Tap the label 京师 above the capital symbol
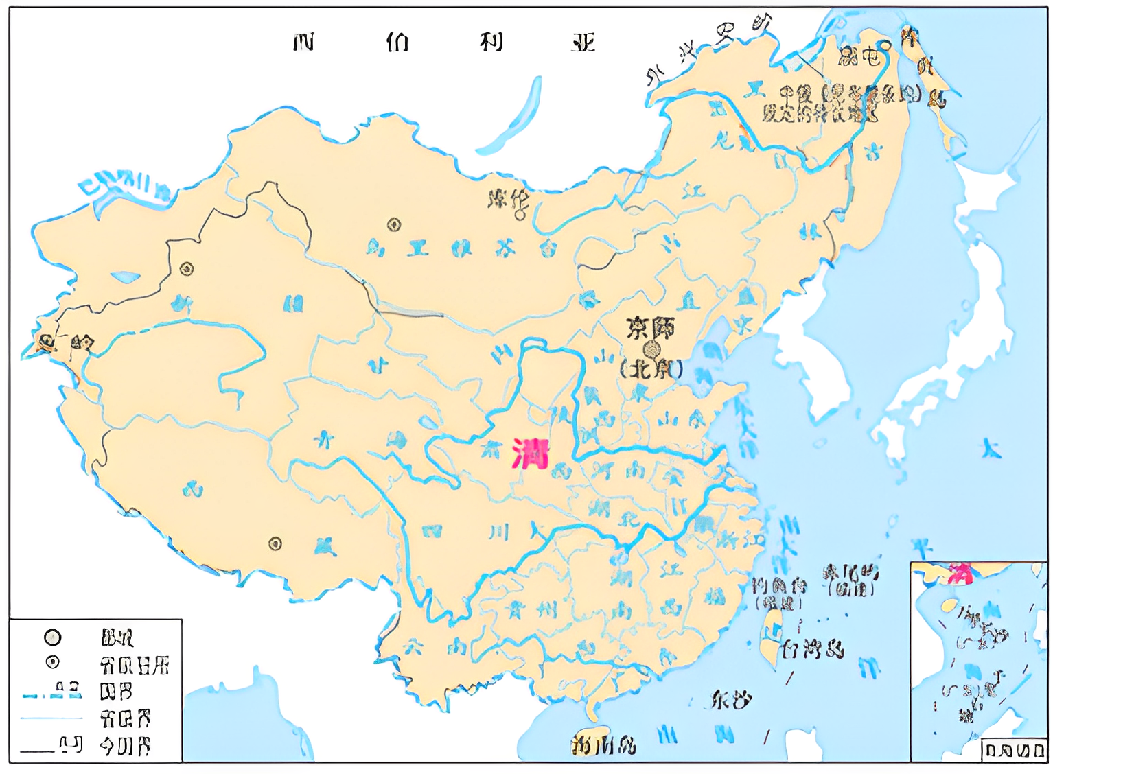(x=650, y=328)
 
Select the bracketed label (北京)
(x=651, y=370)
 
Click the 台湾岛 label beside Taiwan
(x=813, y=648)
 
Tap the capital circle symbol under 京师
(x=651, y=350)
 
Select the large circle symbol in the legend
(x=53, y=637)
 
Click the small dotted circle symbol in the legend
(x=53, y=663)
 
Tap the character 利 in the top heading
(x=491, y=43)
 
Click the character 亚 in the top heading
(x=583, y=43)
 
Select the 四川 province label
(x=467, y=533)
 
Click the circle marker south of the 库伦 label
(x=394, y=224)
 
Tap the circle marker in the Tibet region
(x=275, y=544)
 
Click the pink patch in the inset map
(x=960, y=573)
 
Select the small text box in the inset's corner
(x=1014, y=749)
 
